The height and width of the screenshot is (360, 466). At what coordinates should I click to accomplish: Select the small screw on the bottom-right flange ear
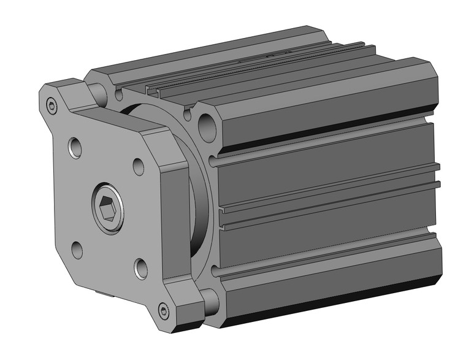point(163,310)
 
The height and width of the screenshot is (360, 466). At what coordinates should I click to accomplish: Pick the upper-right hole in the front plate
point(139,165)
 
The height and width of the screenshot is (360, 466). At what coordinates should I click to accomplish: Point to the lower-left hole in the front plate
point(77,250)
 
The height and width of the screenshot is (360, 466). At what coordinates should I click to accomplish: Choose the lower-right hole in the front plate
point(140,268)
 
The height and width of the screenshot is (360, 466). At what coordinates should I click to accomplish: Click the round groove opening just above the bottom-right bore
point(213,269)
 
